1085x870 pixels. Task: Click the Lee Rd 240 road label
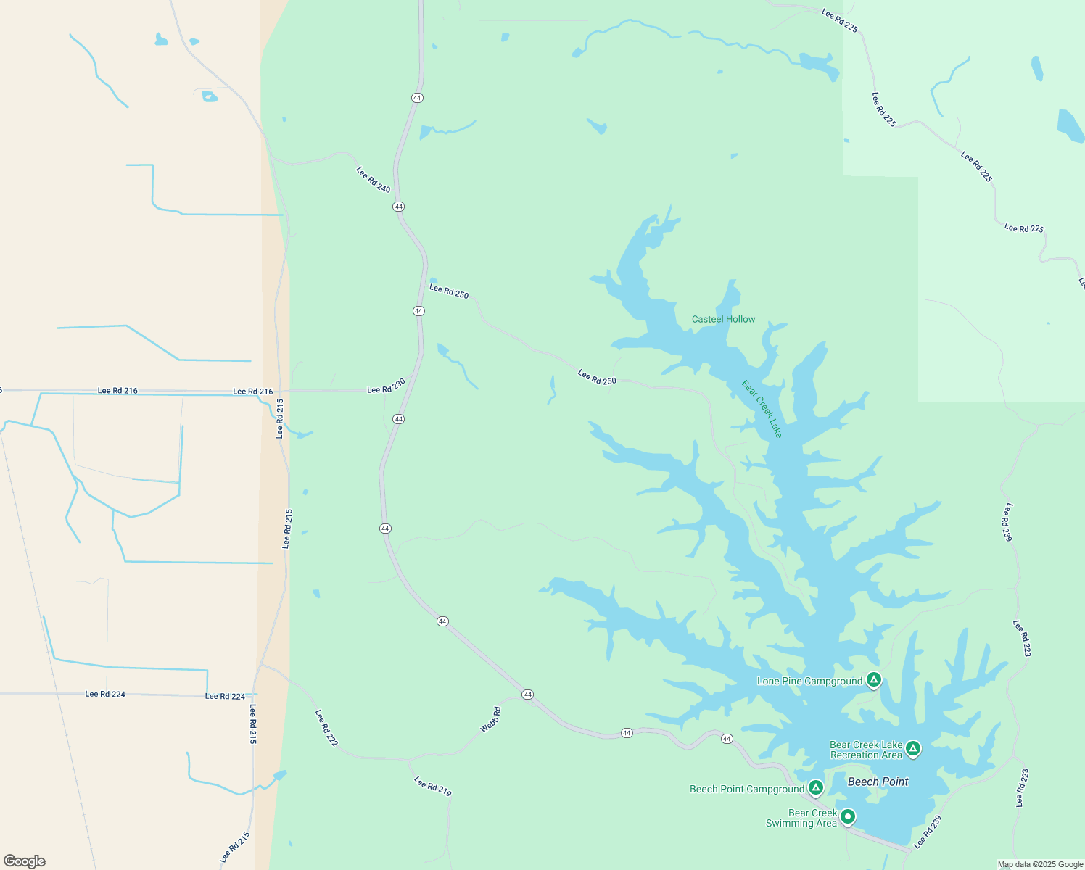374,180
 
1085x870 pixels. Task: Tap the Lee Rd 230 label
386,386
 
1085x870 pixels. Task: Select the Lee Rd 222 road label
326,728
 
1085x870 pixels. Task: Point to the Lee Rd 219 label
433,787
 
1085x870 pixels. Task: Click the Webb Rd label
490,720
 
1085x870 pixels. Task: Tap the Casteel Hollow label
723,319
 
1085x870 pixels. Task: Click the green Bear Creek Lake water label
762,409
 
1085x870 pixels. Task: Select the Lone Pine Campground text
809,681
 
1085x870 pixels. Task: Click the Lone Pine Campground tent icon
874,680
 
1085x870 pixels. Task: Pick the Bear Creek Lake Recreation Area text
866,750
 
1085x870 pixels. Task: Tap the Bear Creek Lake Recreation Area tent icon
913,748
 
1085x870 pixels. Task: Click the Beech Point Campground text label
746,789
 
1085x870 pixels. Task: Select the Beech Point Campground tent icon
816,787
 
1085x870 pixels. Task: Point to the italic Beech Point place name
878,782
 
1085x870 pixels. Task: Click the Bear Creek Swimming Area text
801,818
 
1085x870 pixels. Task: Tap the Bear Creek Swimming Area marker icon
846,816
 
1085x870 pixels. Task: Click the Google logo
25,861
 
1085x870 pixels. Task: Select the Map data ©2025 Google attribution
1040,864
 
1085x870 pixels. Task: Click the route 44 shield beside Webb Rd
527,695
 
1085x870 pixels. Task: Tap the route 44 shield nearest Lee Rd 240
399,207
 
